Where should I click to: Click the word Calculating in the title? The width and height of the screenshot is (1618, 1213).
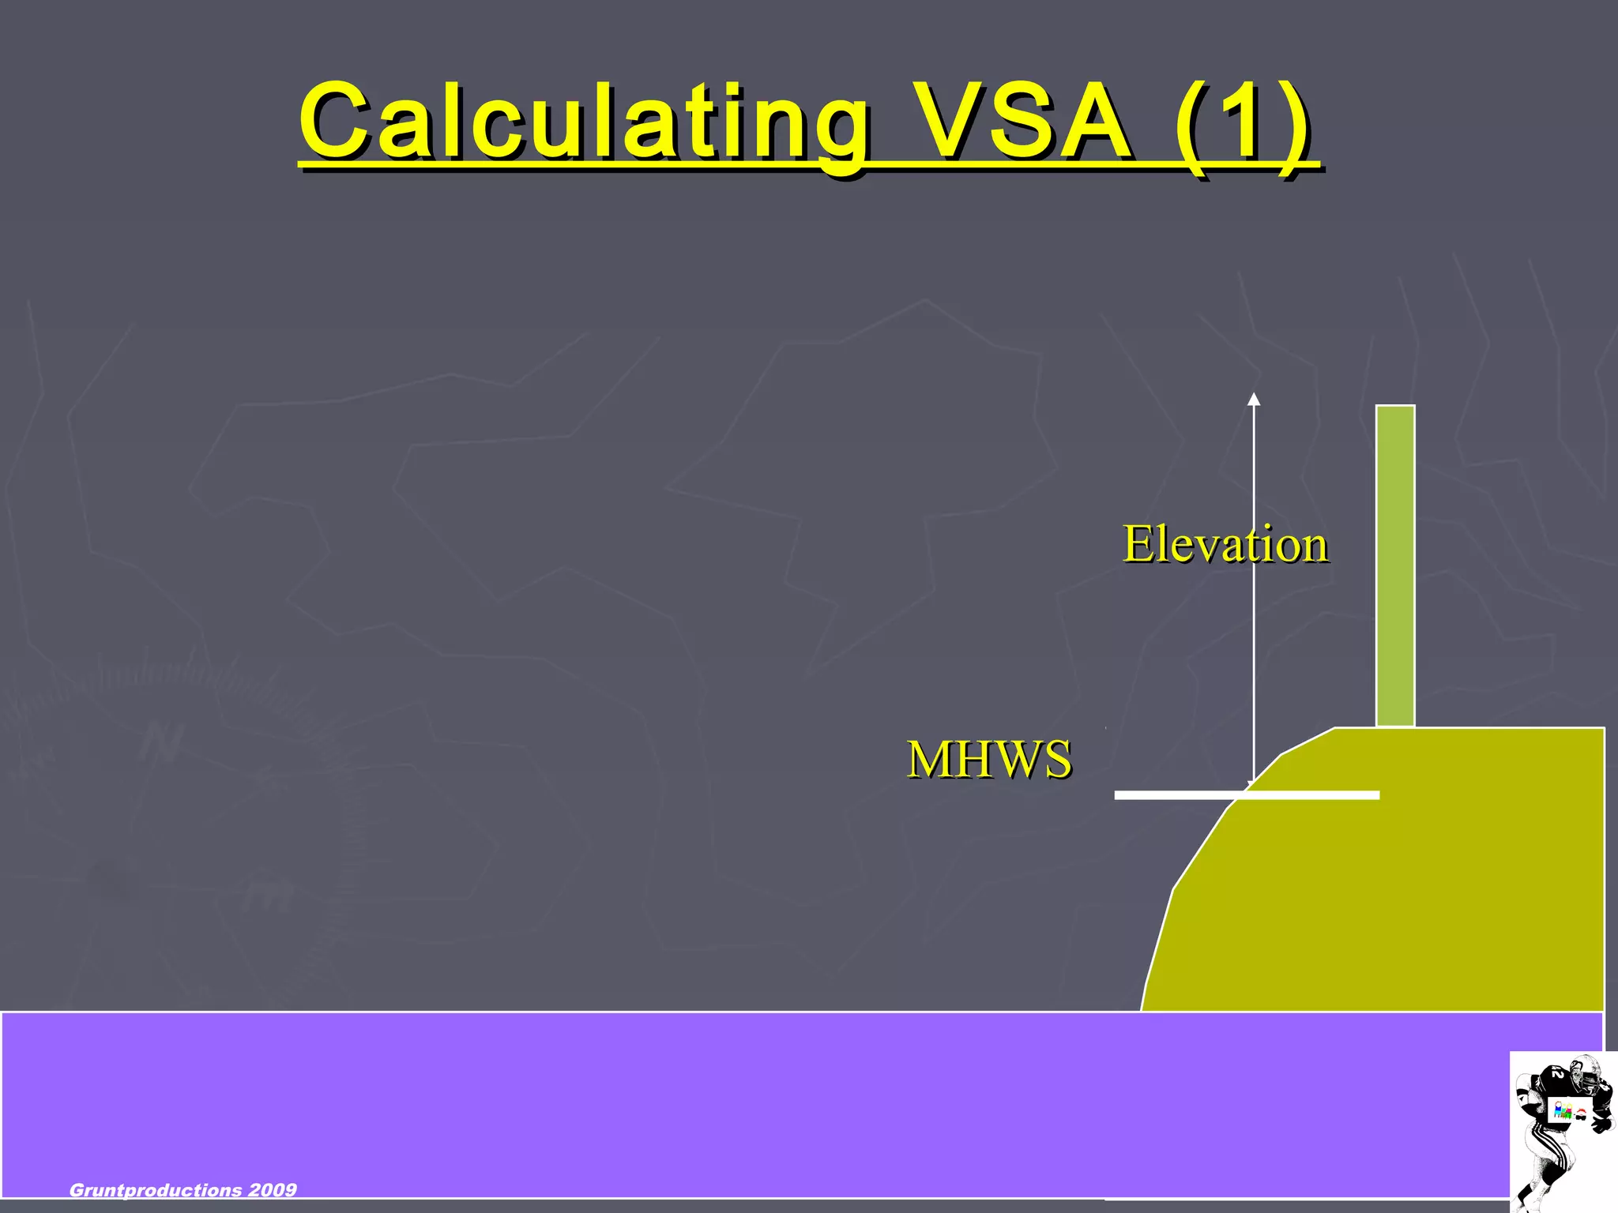pyautogui.click(x=585, y=122)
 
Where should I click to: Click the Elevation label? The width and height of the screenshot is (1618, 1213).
pyautogui.click(x=1225, y=544)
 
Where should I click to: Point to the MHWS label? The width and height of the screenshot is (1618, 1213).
pyautogui.click(x=989, y=760)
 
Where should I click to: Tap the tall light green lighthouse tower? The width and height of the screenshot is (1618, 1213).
pyautogui.click(x=1395, y=565)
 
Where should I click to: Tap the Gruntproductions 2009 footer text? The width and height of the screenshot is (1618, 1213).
pyautogui.click(x=183, y=1190)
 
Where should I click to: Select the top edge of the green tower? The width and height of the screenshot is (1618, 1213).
pyautogui.click(x=1395, y=407)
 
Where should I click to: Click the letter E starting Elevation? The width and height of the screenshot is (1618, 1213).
pyautogui.click(x=1138, y=544)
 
